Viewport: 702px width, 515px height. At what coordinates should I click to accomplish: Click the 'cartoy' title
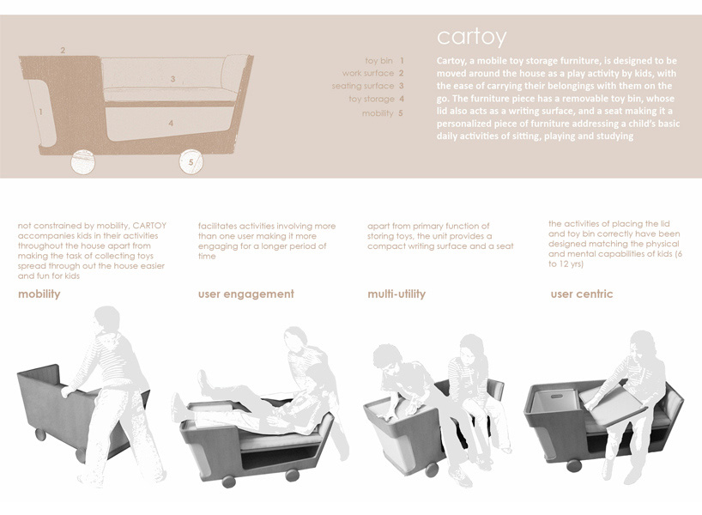pyautogui.click(x=471, y=38)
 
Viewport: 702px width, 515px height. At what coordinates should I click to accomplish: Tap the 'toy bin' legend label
pyautogui.click(x=378, y=61)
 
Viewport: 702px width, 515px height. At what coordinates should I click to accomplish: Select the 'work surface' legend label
pyautogui.click(x=367, y=74)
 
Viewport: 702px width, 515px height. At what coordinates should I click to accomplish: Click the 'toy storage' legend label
pyautogui.click(x=371, y=100)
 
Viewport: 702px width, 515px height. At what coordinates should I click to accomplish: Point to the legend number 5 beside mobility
pyautogui.click(x=400, y=113)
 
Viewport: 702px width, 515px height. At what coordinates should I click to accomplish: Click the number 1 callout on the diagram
pyautogui.click(x=40, y=112)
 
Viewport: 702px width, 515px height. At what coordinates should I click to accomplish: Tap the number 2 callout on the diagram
pyautogui.click(x=63, y=51)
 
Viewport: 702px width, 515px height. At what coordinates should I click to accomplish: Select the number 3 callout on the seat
pyautogui.click(x=172, y=79)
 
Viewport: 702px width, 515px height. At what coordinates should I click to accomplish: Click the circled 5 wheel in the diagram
pyautogui.click(x=191, y=161)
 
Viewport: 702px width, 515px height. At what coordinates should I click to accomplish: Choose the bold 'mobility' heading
pyautogui.click(x=39, y=294)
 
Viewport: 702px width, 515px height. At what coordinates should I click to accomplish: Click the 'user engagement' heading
pyautogui.click(x=245, y=294)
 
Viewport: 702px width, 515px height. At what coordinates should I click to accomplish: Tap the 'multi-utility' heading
pyautogui.click(x=396, y=294)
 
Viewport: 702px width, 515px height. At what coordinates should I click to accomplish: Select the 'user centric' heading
pyautogui.click(x=582, y=294)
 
